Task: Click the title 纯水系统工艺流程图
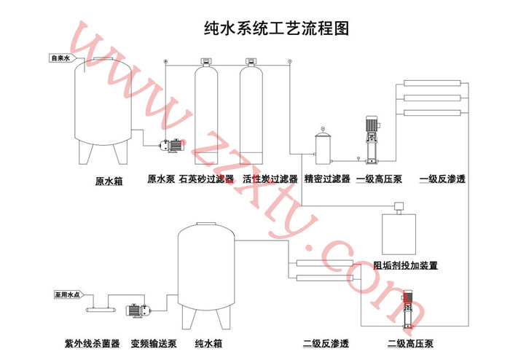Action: click(276, 28)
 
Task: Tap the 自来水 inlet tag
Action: click(60, 58)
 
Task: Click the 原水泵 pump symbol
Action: click(172, 144)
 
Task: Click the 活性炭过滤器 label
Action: click(270, 179)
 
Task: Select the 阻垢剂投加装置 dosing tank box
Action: click(397, 232)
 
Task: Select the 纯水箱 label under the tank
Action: click(208, 343)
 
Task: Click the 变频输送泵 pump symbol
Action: click(138, 311)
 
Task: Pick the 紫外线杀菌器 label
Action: click(93, 343)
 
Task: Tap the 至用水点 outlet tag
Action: click(66, 295)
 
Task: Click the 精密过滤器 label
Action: click(328, 179)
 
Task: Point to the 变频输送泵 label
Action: click(154, 343)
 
